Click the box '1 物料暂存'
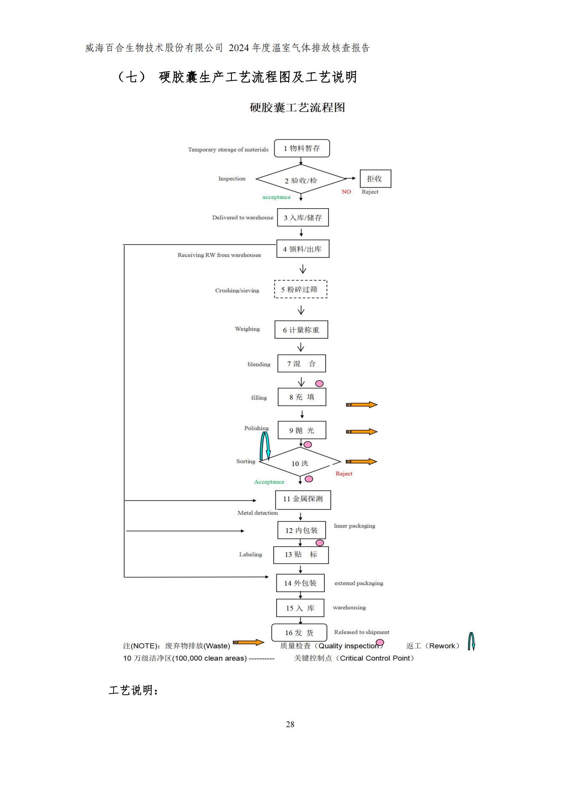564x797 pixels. click(302, 148)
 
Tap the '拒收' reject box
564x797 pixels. click(375, 179)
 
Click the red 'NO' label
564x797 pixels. click(346, 192)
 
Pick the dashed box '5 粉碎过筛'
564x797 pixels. click(301, 289)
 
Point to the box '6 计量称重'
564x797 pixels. click(301, 330)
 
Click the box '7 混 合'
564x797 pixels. click(301, 363)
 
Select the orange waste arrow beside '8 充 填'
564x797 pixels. click(362, 405)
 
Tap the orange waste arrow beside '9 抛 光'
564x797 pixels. click(362, 432)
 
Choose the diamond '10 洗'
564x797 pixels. click(300, 463)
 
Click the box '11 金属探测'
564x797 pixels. click(303, 499)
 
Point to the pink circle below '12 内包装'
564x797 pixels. click(320, 543)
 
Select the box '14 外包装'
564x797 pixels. click(300, 583)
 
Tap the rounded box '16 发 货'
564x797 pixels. click(299, 633)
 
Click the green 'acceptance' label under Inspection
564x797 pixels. click(276, 197)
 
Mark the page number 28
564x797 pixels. click(290, 724)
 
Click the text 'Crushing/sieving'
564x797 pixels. click(237, 291)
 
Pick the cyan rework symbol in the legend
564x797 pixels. click(471, 642)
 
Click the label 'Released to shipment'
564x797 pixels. click(362, 632)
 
